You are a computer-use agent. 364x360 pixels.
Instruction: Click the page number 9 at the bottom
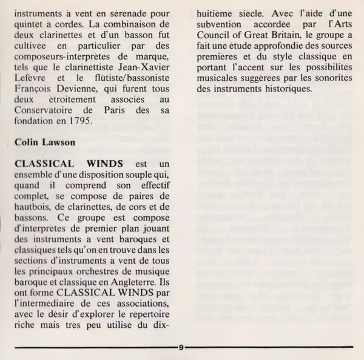(x=182, y=348)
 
